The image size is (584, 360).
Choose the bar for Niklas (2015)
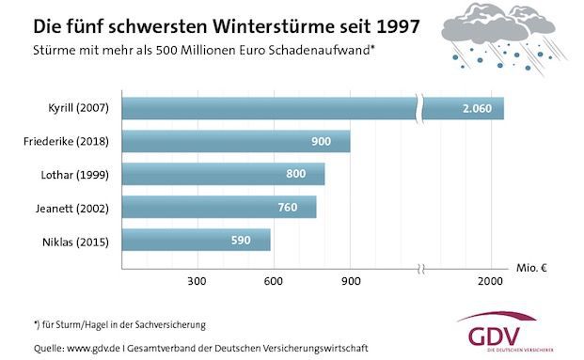197,240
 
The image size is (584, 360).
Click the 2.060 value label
478,109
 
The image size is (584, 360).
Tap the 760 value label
290,207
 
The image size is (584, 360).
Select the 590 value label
242,240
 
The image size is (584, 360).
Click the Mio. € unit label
531,267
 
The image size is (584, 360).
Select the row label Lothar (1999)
79,174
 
